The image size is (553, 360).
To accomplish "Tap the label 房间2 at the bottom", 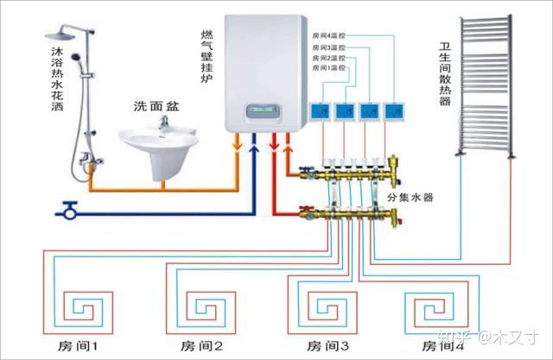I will point(200,346).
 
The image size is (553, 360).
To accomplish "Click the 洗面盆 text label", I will point(156,106).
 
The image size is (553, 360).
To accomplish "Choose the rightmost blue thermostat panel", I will point(397,110).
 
